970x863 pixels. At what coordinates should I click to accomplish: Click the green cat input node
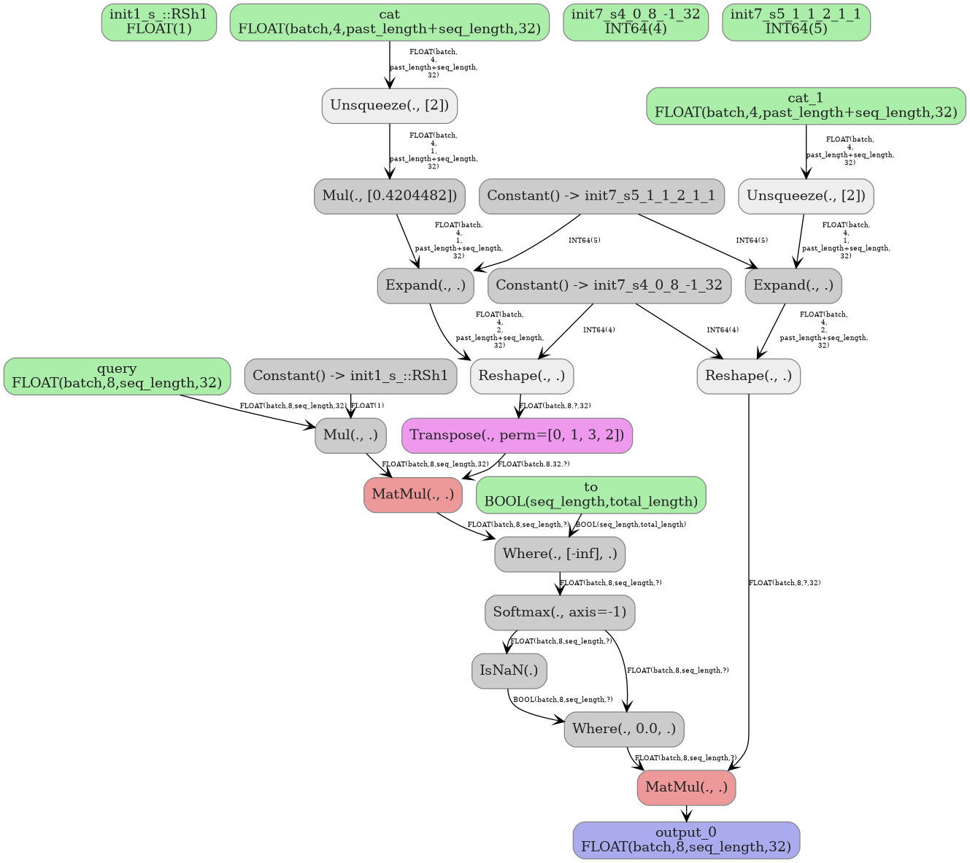389,22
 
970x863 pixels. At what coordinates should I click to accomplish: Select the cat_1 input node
806,106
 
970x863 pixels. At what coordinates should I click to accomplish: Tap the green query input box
117,376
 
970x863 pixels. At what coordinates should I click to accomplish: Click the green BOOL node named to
590,495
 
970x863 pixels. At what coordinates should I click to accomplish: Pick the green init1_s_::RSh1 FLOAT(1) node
158,22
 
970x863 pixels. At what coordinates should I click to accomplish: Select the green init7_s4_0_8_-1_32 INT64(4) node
635,22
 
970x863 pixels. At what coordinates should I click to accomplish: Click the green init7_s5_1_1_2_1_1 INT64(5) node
796,22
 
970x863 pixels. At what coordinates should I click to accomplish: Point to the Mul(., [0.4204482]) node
389,196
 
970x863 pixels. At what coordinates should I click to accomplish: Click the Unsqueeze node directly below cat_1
806,196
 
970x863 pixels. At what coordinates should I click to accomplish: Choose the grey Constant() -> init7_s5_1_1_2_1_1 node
601,196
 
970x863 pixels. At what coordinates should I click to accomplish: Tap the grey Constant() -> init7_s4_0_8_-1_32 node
609,285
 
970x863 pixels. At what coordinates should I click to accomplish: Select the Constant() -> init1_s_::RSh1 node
350,376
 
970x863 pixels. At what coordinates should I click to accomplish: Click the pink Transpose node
517,436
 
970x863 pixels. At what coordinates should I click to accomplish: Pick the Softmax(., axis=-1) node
560,612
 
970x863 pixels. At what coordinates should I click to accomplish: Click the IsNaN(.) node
509,670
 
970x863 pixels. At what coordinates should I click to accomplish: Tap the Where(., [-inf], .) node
560,554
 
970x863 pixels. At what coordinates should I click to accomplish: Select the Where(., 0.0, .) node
624,729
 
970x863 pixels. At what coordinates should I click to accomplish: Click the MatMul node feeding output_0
686,787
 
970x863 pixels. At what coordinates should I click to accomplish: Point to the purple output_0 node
686,840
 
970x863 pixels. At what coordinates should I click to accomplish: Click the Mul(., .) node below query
350,436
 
